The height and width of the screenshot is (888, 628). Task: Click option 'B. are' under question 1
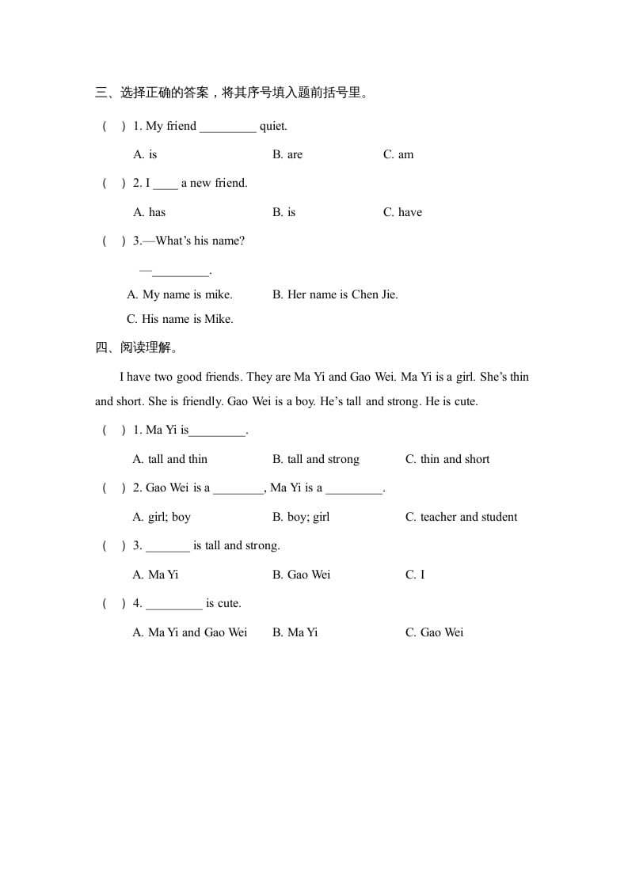pos(287,154)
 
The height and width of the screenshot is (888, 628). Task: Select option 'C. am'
pos(398,154)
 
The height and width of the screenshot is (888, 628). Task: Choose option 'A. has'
pos(149,212)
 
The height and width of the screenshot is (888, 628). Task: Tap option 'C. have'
pos(402,212)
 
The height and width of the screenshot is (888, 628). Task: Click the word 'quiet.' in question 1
pos(274,126)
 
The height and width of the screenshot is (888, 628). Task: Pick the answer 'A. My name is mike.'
pos(180,294)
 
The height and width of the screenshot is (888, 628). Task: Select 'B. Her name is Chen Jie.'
pos(335,294)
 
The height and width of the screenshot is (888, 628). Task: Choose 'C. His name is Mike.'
pos(180,319)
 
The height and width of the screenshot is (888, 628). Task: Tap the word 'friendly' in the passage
pos(202,401)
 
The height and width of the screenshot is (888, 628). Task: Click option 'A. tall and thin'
pos(170,459)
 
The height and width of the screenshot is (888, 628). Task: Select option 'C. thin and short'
pos(447,459)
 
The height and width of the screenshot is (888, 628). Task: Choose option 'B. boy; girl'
pos(301,517)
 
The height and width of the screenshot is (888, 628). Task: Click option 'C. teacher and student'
pos(461,517)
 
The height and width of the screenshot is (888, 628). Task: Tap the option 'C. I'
pos(415,575)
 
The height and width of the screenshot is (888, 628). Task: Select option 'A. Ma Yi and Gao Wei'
pos(190,632)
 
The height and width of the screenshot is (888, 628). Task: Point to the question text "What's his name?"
pos(200,241)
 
